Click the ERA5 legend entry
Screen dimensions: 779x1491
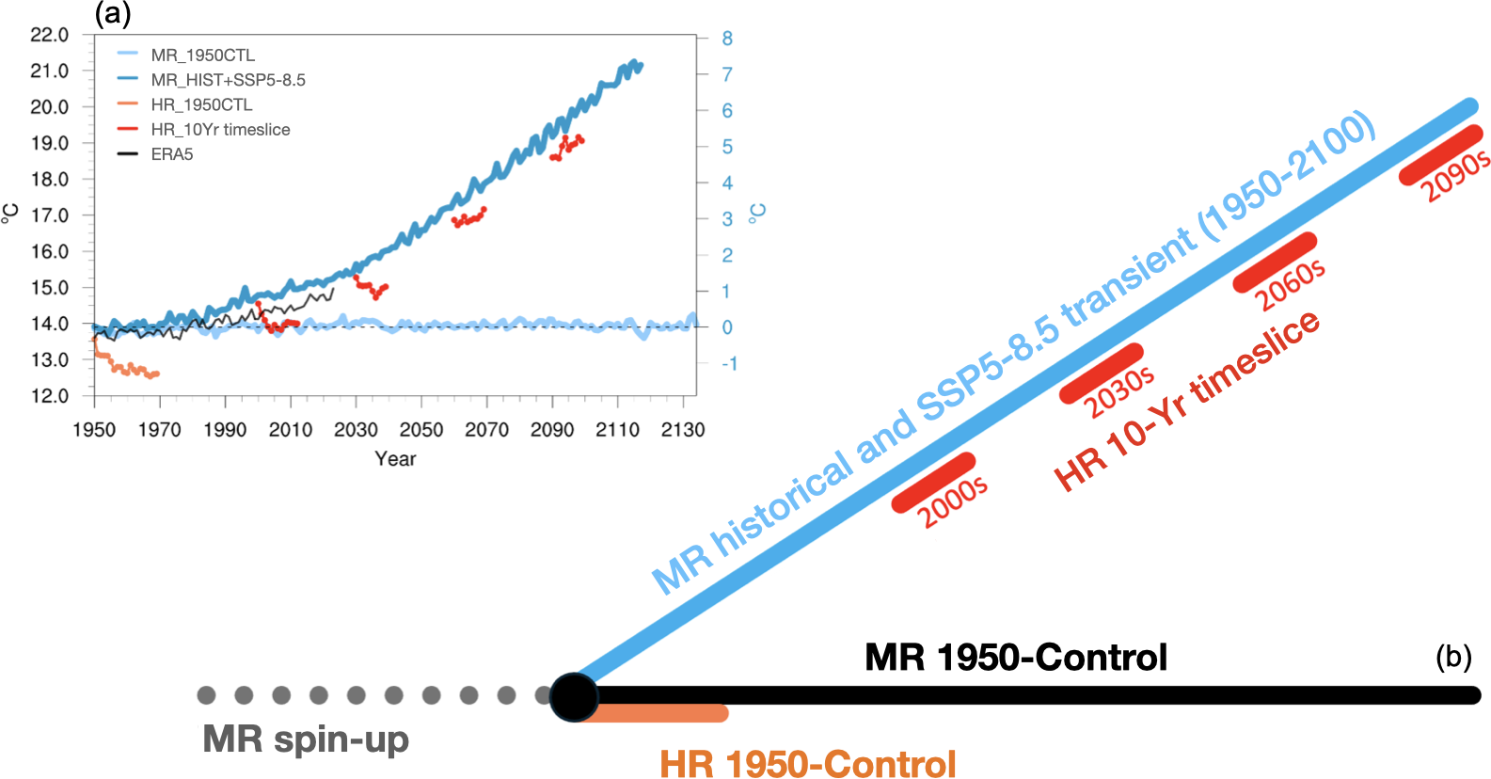point(172,154)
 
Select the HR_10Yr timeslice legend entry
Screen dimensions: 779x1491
point(220,130)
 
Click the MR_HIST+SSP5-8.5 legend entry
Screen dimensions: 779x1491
point(228,80)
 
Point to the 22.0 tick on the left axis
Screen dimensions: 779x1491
point(49,35)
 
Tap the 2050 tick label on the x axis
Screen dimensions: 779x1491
point(421,430)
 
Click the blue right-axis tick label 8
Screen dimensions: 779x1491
point(727,39)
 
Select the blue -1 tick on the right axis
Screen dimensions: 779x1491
point(729,363)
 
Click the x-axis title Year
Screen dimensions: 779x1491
point(395,459)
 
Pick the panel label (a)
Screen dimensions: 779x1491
point(113,13)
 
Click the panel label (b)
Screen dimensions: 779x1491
point(1453,657)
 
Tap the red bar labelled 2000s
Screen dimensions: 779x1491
point(933,483)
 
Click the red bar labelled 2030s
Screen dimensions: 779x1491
point(1102,374)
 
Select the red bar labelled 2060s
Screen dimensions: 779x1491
point(1275,262)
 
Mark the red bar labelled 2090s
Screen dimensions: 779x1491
point(1441,153)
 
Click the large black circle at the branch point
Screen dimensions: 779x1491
point(574,697)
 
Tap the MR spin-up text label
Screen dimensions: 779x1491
point(306,739)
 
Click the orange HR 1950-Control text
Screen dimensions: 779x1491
point(807,763)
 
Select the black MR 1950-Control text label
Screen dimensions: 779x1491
point(1016,657)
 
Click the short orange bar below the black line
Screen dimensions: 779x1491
point(658,714)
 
